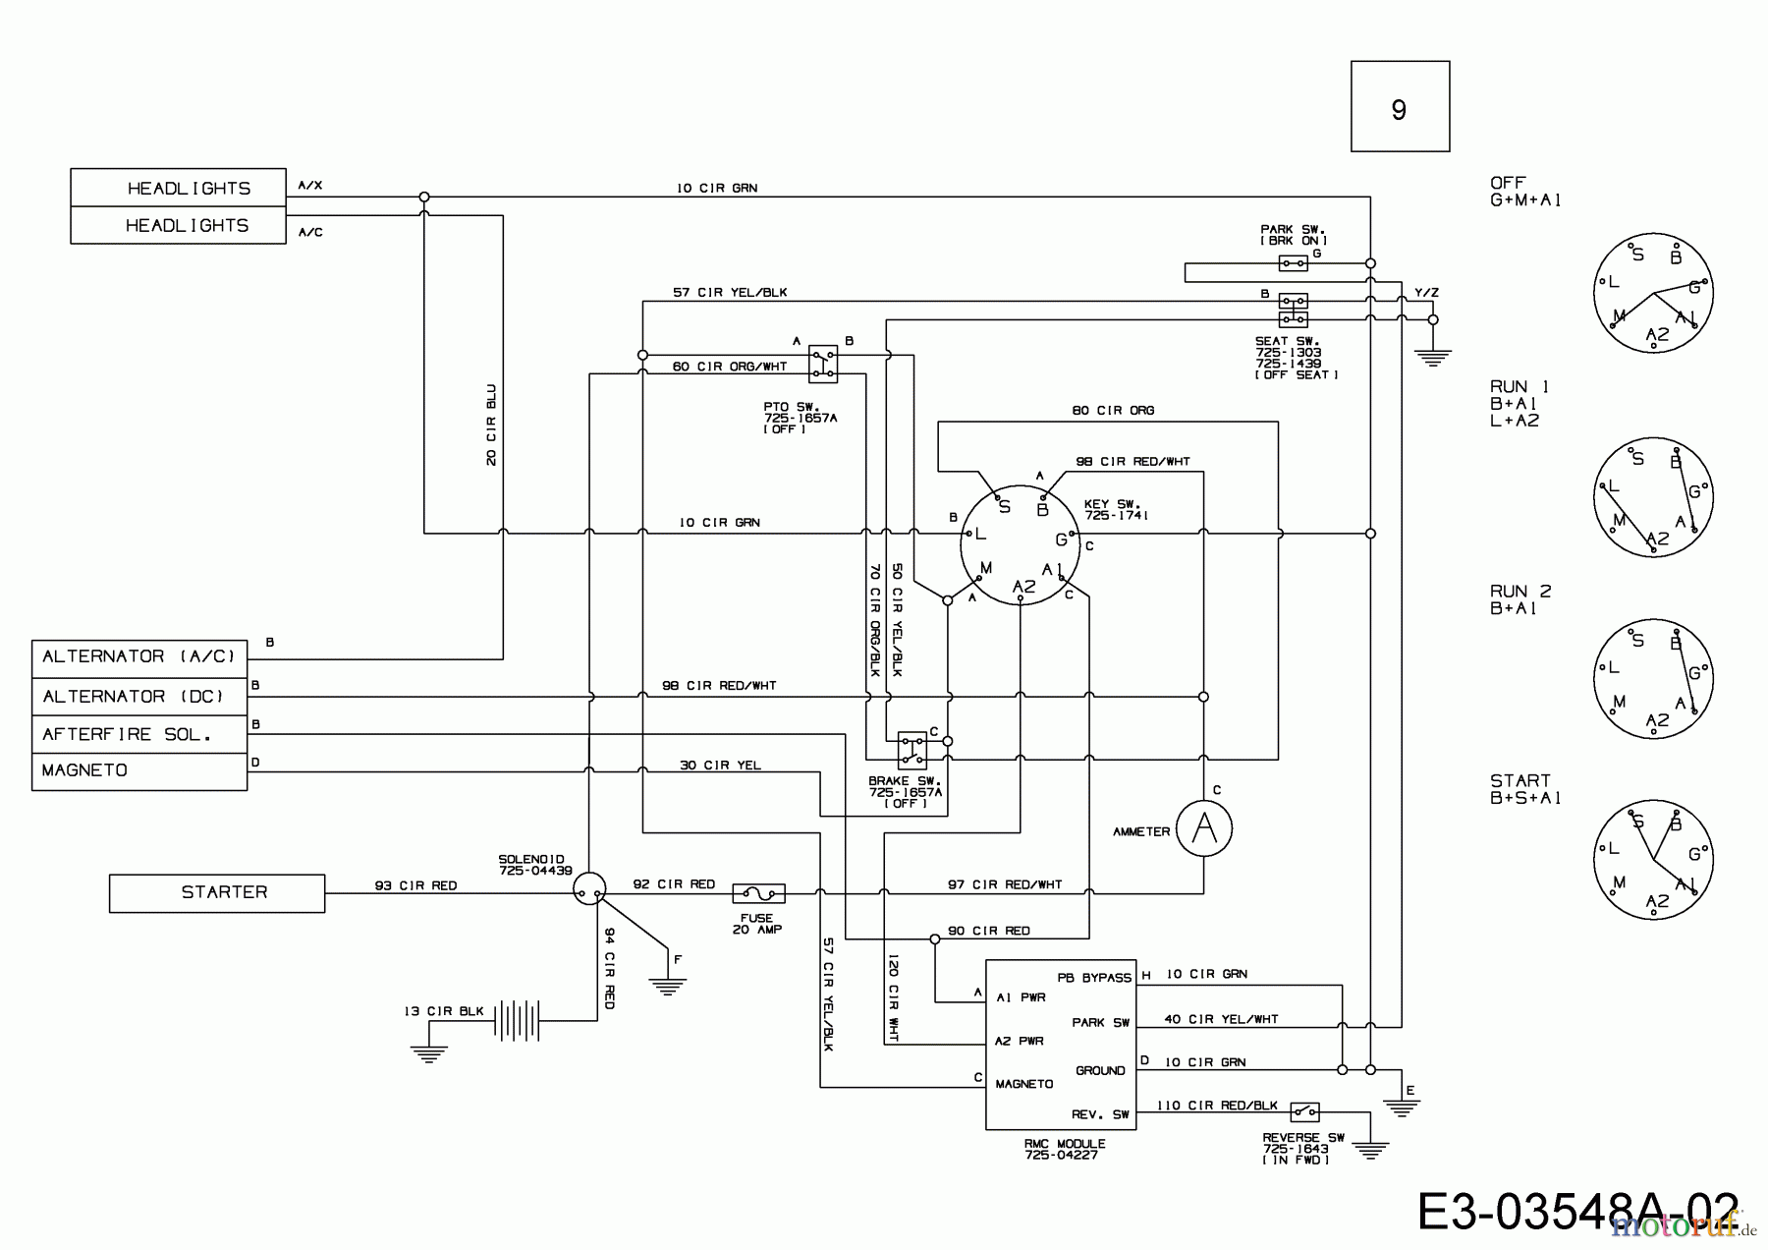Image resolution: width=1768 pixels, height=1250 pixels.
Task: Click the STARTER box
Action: (x=216, y=892)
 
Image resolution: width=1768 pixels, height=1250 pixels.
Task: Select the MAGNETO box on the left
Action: (x=138, y=770)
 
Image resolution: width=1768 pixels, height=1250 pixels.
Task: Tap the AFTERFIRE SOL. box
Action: (x=138, y=734)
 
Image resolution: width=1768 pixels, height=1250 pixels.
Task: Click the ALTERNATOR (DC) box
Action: (x=138, y=697)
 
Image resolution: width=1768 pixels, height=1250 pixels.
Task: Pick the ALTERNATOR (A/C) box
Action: (x=138, y=657)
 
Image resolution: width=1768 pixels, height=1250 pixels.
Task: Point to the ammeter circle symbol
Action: (x=1203, y=830)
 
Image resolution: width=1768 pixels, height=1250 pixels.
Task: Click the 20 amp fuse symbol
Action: (x=758, y=893)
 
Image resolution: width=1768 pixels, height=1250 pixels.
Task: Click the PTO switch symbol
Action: (x=823, y=364)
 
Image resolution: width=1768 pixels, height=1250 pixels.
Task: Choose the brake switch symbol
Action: (x=912, y=749)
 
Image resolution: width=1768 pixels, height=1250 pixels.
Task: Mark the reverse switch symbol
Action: (x=1304, y=1112)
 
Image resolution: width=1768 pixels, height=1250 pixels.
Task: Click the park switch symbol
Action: (x=1293, y=263)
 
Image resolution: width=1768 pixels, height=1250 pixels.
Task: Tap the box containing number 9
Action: (x=1400, y=106)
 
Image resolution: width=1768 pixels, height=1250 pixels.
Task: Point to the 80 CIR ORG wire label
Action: (x=1113, y=411)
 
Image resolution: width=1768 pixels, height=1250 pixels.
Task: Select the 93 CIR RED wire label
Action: (x=415, y=885)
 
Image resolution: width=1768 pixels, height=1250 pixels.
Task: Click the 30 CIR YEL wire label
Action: (x=720, y=765)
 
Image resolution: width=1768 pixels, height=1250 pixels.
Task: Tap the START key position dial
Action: (x=1653, y=859)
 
